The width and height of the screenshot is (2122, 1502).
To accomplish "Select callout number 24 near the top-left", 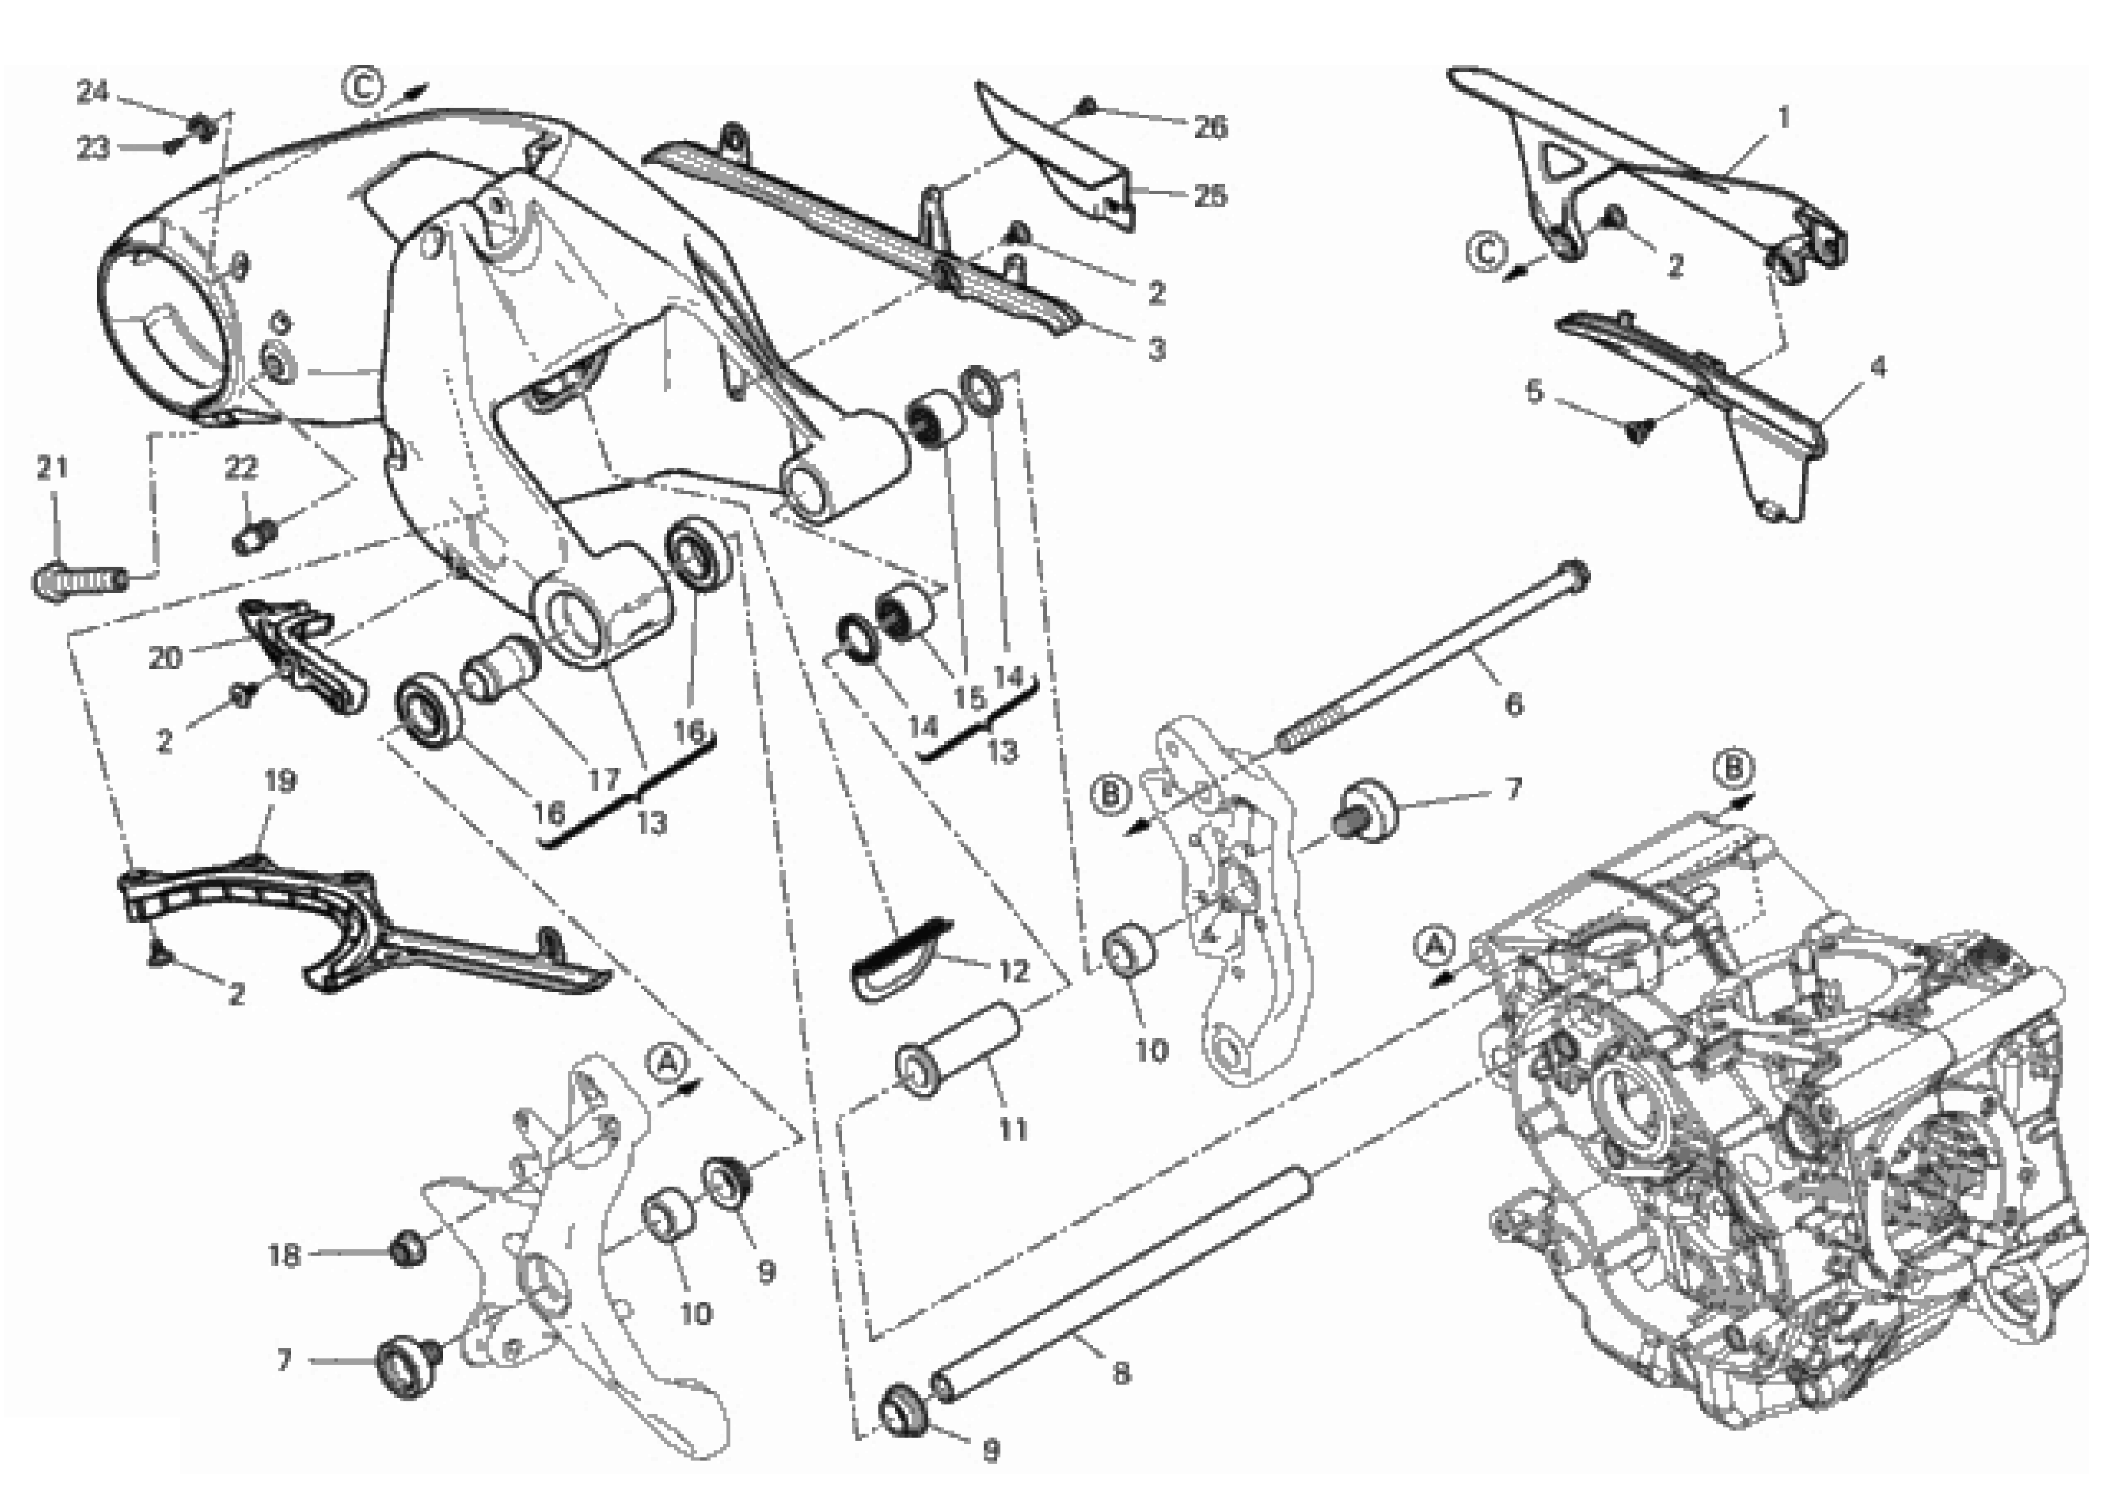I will pos(91,91).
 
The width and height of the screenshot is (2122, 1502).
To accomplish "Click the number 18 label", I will pos(284,1256).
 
